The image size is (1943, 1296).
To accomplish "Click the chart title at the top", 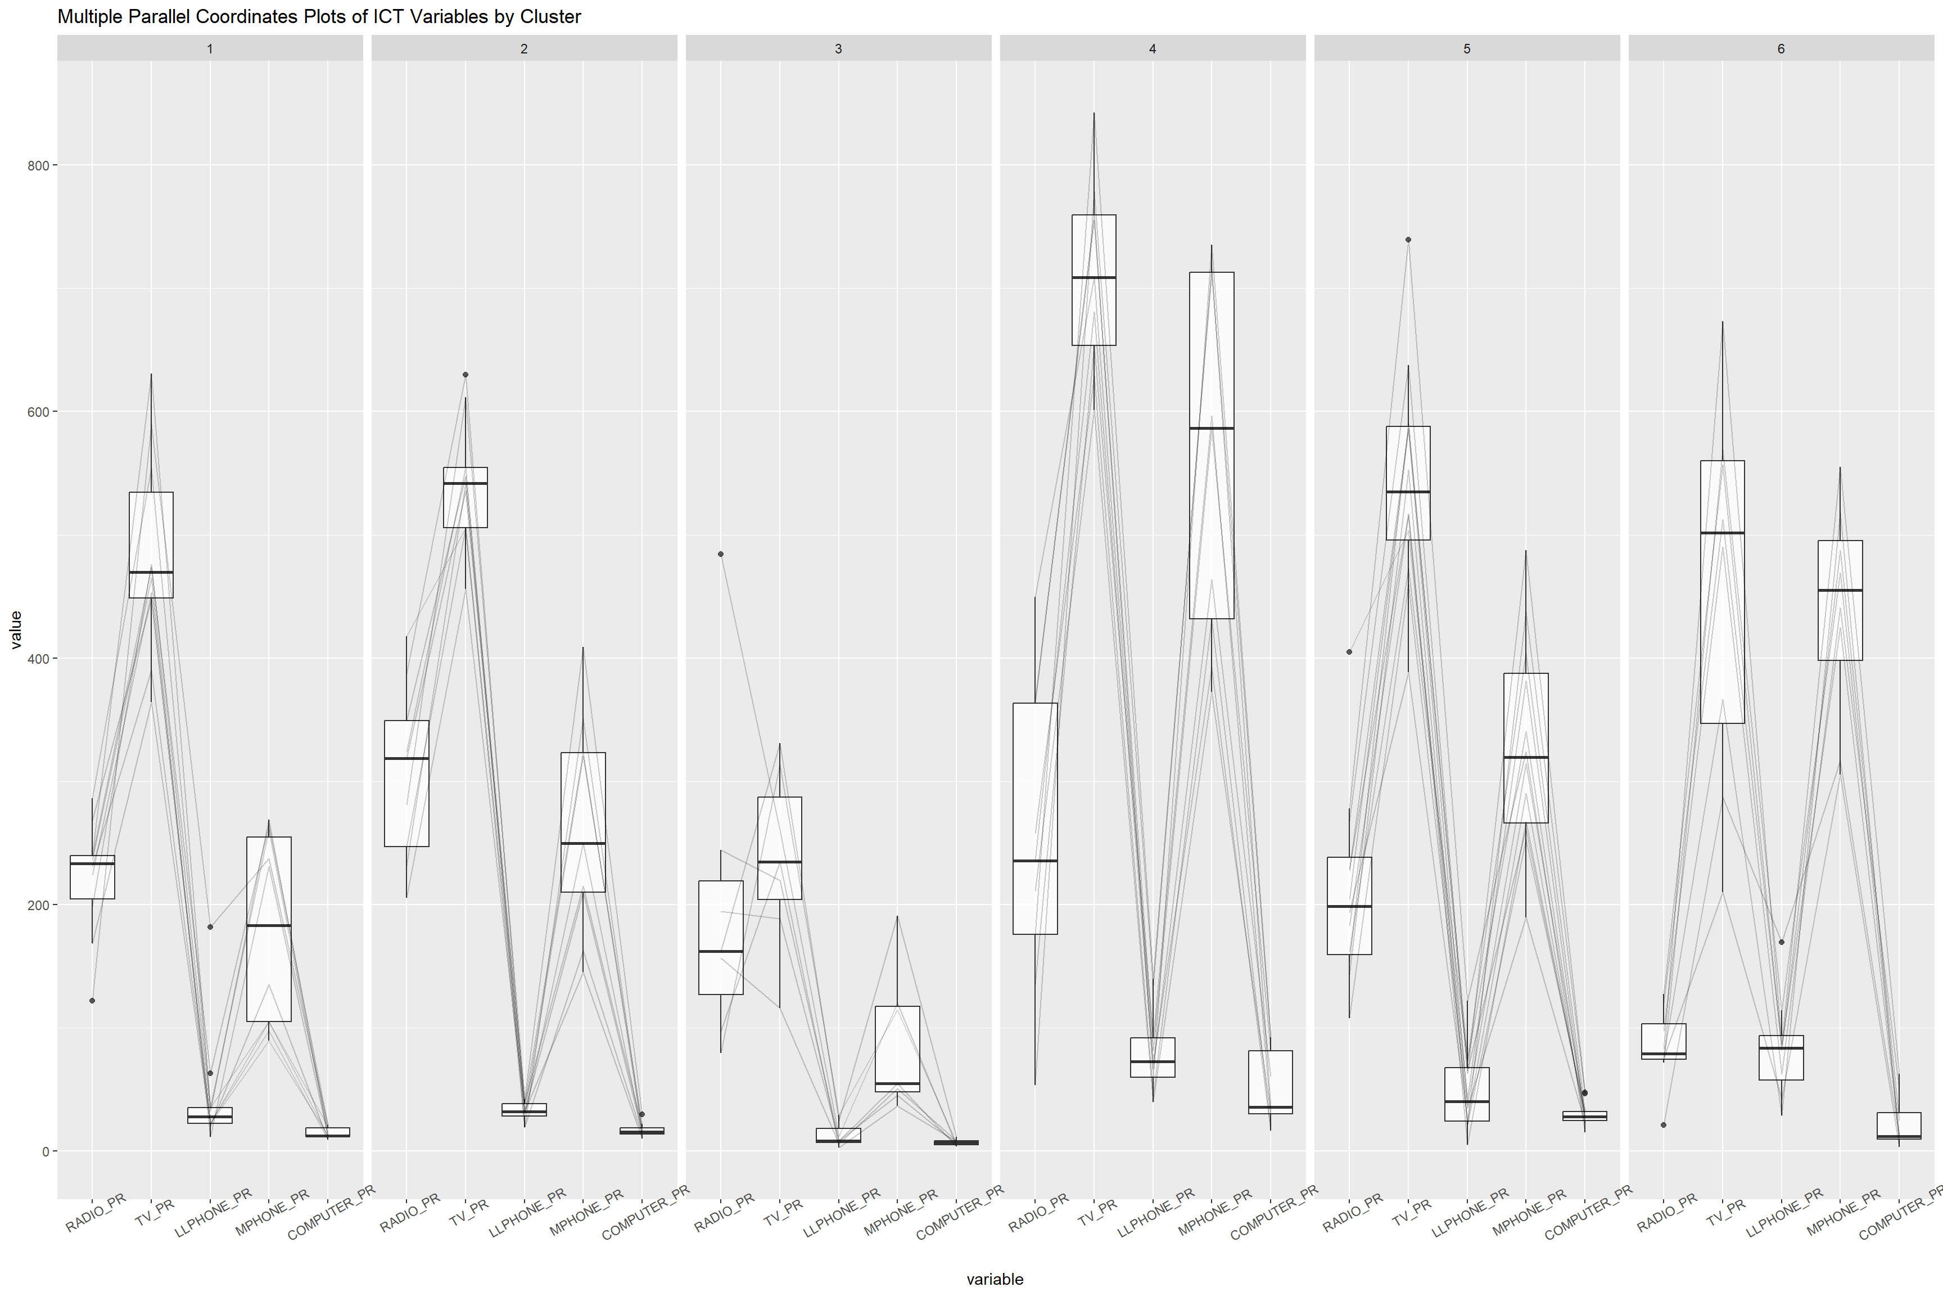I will [x=319, y=16].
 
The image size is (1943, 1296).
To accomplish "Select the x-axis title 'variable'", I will [x=995, y=1279].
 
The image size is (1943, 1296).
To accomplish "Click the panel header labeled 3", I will [x=838, y=49].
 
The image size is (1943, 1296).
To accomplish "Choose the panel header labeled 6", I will [x=1781, y=49].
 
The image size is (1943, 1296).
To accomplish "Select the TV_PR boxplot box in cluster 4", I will [x=1093, y=280].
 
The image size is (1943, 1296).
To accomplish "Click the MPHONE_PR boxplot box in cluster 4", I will [x=1212, y=445].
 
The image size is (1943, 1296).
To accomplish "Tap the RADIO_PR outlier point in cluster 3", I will [x=721, y=553].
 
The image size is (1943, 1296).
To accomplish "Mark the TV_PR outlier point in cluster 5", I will [x=1408, y=240].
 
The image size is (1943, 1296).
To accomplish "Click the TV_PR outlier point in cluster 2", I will [x=465, y=375].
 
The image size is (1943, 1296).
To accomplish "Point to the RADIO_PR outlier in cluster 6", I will [x=1664, y=1125].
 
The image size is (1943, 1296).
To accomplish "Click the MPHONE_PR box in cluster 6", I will [x=1841, y=600].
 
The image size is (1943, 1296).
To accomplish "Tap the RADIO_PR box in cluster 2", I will [x=406, y=783].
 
